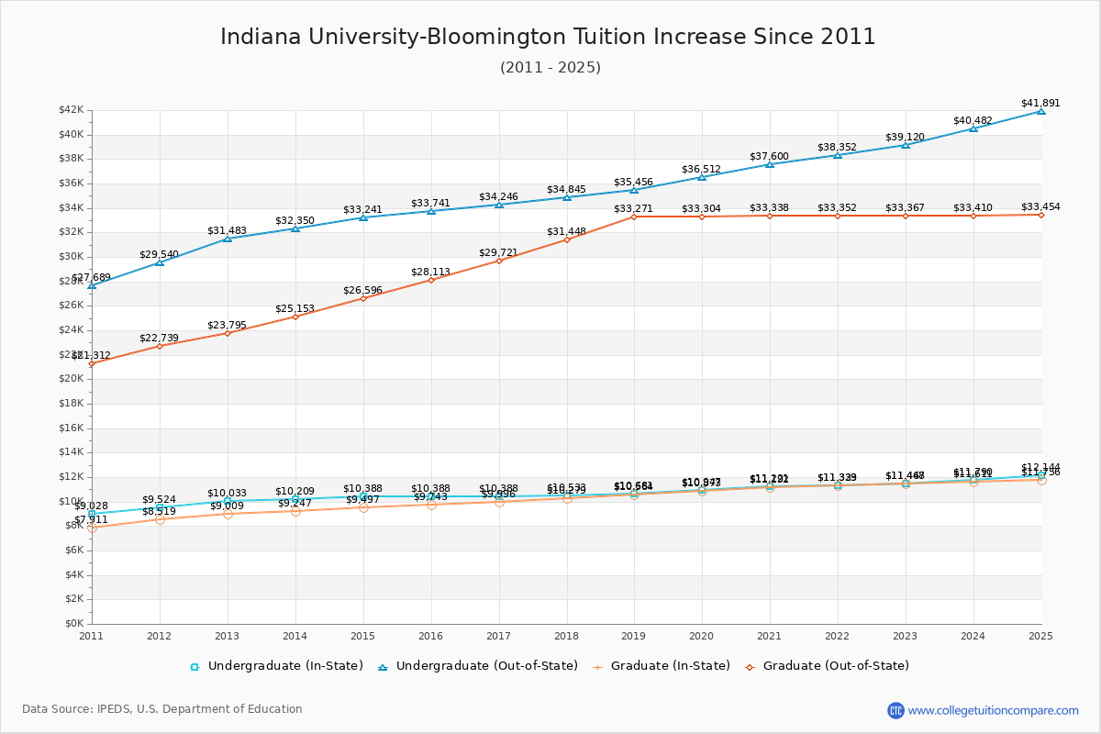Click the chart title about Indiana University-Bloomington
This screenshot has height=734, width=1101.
(548, 37)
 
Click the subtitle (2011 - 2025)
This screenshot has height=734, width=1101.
(550, 67)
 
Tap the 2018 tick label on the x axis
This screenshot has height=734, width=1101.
(567, 635)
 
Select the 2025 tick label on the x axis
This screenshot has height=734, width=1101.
(1040, 635)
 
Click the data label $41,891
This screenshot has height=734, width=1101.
(1040, 103)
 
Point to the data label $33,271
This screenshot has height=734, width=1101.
(633, 208)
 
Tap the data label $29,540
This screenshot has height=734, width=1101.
(160, 254)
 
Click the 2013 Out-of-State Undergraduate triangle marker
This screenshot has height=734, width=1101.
(228, 239)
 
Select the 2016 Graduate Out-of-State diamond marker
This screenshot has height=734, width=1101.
(431, 280)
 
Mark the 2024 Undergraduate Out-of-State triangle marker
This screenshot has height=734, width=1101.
(973, 128)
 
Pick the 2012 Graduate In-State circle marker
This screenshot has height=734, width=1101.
(160, 519)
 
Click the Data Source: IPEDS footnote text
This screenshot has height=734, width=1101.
(162, 709)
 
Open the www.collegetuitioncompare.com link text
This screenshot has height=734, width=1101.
(993, 710)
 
